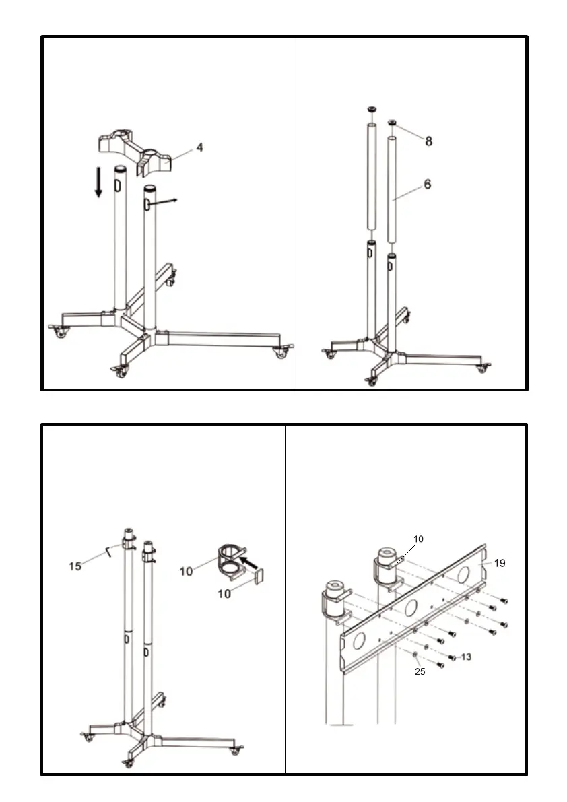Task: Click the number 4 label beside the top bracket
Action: pyautogui.click(x=200, y=146)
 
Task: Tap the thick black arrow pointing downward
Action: pyautogui.click(x=99, y=182)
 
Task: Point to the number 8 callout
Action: pyautogui.click(x=428, y=141)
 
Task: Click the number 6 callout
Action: pyautogui.click(x=428, y=183)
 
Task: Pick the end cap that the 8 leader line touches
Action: pyautogui.click(x=392, y=122)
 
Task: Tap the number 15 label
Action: pyautogui.click(x=75, y=566)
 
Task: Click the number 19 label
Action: pyautogui.click(x=500, y=564)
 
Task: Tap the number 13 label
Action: pyautogui.click(x=465, y=657)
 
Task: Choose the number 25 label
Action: pyautogui.click(x=420, y=671)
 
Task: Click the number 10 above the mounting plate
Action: pyautogui.click(x=418, y=539)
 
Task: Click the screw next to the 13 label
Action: pyautogui.click(x=453, y=657)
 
